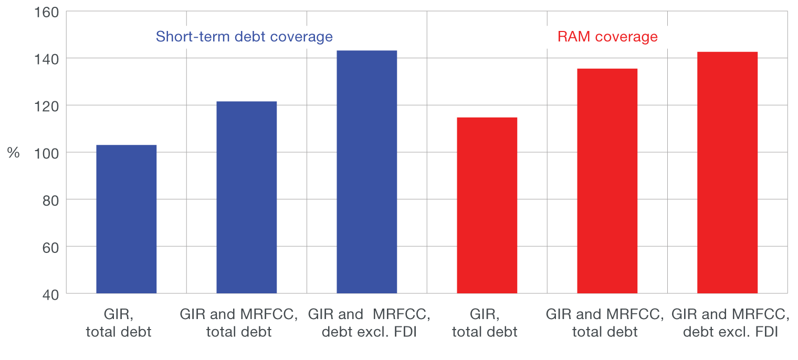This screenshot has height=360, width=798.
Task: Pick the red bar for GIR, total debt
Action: [487, 205]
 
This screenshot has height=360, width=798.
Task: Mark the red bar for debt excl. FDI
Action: [727, 173]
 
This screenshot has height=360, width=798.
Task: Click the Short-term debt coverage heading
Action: [244, 37]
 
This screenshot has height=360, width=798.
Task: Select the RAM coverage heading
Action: [607, 37]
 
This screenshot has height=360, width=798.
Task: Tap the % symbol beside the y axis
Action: [13, 153]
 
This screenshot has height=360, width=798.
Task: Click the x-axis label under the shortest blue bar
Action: [119, 323]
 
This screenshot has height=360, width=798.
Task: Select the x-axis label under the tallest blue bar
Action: [369, 323]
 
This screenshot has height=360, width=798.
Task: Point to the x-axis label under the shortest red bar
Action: [485, 323]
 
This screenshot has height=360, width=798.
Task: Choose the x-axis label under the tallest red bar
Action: [730, 323]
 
